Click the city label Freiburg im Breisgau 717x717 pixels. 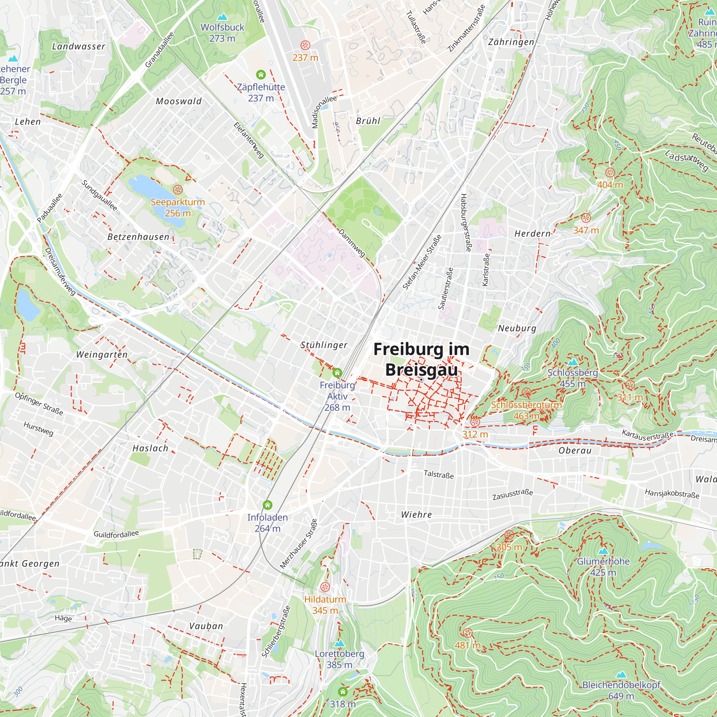pos(421,359)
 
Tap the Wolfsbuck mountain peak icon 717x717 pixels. pos(222,17)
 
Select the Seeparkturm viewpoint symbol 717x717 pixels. pos(178,190)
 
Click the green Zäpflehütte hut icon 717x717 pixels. pos(261,75)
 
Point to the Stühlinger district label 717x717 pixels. pos(324,345)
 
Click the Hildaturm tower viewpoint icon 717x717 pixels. pos(325,587)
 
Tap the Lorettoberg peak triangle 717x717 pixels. pos(339,643)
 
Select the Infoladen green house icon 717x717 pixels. pos(267,505)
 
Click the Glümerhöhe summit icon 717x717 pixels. pos(603,551)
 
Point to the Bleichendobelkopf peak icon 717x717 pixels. pos(621,674)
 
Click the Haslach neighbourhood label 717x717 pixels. pos(150,448)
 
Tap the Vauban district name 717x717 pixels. pos(206,626)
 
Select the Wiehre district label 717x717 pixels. pos(416,514)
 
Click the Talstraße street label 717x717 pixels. pos(439,474)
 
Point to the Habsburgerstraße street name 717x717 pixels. pos(465,222)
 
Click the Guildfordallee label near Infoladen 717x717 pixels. pos(116,534)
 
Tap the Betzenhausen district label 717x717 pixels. pos(138,237)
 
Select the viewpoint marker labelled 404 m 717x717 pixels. pos(610,172)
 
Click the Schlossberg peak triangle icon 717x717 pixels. pos(573,362)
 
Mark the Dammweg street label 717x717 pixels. pos(352,243)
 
